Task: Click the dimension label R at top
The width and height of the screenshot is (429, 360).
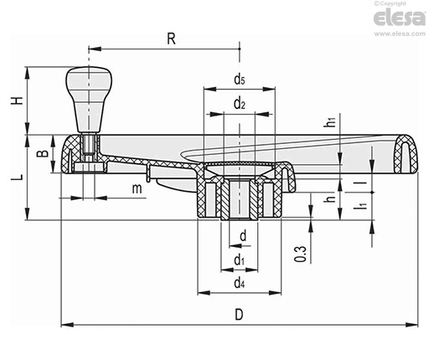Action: coord(171,39)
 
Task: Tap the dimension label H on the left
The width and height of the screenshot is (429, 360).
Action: coord(18,100)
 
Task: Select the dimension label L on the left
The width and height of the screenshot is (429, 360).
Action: coord(18,177)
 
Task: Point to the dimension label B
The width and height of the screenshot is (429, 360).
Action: coord(44,153)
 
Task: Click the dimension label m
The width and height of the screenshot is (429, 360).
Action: coord(137,188)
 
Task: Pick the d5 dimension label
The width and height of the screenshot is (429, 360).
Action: coord(240,80)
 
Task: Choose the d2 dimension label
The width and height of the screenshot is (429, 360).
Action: coord(240,104)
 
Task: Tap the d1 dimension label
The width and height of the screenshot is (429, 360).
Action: coord(239,260)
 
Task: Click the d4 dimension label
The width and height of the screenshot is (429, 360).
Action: coord(240,283)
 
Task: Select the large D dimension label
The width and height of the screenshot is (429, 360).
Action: coord(239,315)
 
